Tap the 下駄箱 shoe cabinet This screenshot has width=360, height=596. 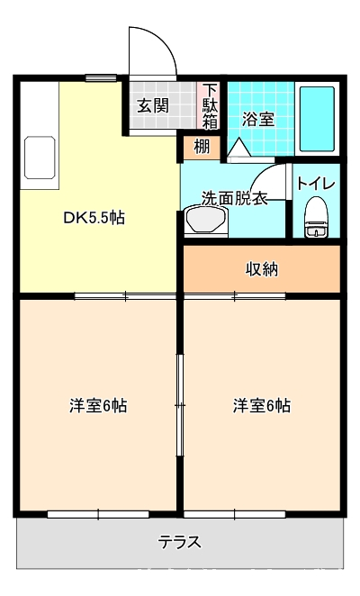209,106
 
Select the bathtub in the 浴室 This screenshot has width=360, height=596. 317,119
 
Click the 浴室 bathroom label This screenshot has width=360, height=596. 258,120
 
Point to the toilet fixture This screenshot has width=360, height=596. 316,217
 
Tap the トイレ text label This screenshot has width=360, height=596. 316,184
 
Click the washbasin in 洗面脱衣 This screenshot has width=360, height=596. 206,221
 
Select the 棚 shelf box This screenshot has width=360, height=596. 202,148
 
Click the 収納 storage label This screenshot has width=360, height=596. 262,269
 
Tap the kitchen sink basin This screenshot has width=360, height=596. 40,158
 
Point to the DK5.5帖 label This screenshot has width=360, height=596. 94,218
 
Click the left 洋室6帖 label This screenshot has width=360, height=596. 98,405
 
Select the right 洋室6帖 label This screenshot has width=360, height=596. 262,405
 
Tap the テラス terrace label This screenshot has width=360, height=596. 180,542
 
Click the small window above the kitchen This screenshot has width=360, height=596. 101,78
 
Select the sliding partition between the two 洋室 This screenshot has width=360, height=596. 180,405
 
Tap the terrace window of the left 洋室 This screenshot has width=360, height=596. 98,514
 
